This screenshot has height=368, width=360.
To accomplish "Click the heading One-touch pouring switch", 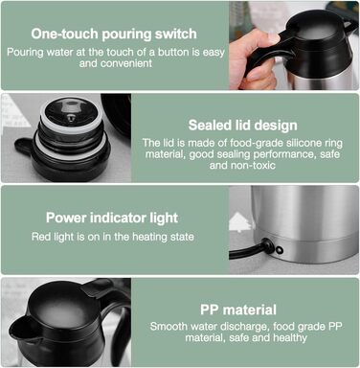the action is [114, 34].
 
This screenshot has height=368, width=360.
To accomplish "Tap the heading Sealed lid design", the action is [242, 126].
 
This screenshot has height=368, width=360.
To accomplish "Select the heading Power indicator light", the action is [112, 218].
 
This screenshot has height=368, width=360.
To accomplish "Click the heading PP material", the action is [238, 310].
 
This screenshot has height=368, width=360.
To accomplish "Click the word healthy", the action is [290, 337].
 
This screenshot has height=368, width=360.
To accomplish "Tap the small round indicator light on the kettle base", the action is [280, 250].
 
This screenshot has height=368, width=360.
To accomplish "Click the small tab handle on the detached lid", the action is [24, 147].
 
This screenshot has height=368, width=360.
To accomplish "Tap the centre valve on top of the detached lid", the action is [71, 118].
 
